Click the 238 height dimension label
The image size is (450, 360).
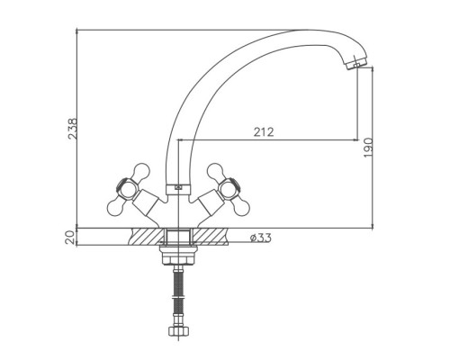coord(72,129)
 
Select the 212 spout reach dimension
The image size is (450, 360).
coord(264,132)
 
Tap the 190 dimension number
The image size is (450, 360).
coord(368,148)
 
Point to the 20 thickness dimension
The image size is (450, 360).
coord(70,238)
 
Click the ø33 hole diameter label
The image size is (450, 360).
coord(261,238)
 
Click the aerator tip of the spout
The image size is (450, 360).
coord(356,64)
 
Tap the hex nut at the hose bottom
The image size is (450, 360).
coord(178,331)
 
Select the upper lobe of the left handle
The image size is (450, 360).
coord(140,171)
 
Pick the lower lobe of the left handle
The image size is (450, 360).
coord(116,207)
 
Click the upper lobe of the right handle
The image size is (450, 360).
coord(216,171)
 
